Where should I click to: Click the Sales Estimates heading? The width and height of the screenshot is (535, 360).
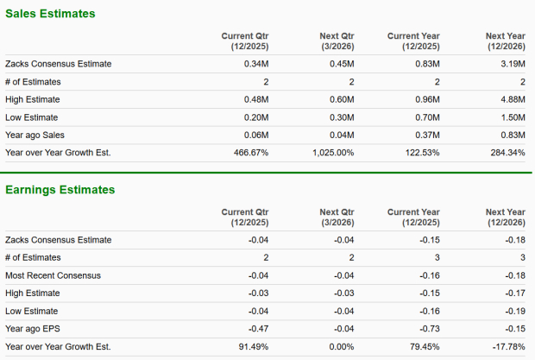coord(50,14)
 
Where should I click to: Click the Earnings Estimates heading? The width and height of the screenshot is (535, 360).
coord(60,190)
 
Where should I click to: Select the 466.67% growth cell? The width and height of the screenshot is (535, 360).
coord(250,153)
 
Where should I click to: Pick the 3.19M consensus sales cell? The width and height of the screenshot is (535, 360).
coord(512,63)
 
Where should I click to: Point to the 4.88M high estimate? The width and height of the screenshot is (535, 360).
coord(512,99)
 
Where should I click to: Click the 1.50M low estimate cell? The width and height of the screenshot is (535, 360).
coord(512,117)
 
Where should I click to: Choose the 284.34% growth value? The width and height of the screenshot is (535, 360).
coord(507,153)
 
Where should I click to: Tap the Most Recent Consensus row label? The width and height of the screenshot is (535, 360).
coord(53,275)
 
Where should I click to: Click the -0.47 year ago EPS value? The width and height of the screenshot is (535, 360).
coord(257,329)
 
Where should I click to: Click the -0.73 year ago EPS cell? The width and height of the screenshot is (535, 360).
coord(429,329)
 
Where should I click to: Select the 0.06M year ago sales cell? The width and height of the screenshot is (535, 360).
coord(255,135)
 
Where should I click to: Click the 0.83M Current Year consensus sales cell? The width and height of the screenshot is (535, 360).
coord(427,63)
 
